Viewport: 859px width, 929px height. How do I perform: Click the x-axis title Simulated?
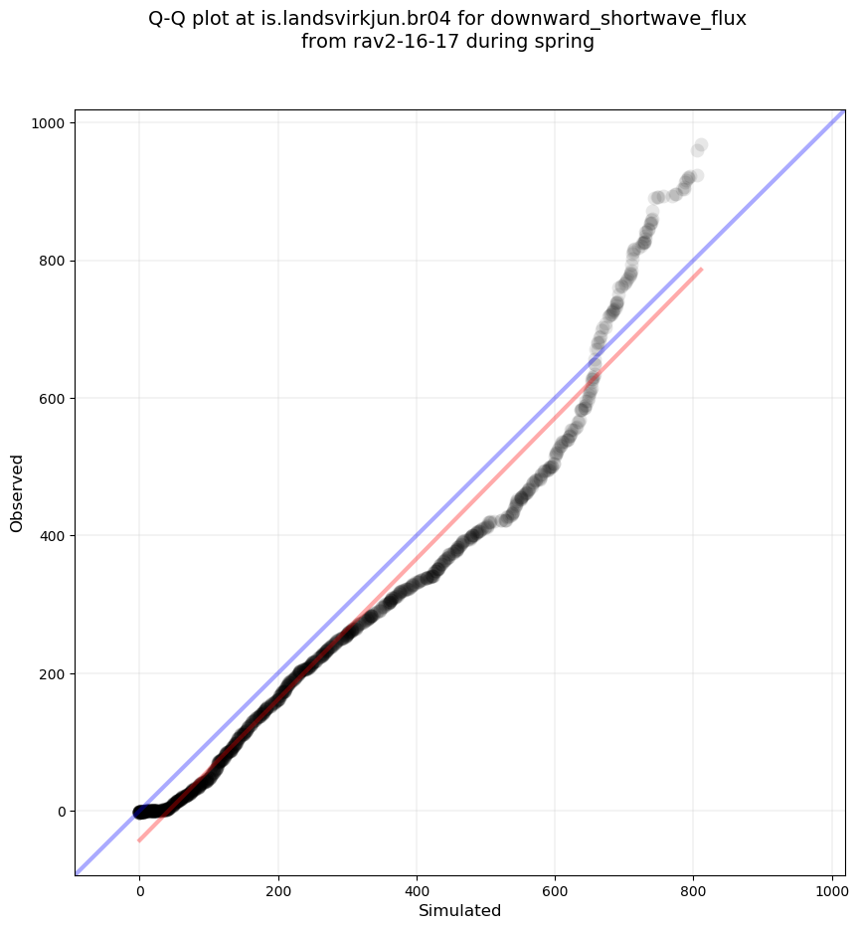(459, 910)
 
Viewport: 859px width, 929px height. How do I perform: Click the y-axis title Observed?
(17, 492)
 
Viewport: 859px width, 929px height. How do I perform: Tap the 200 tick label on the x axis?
(278, 887)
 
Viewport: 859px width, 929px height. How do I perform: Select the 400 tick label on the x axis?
(417, 887)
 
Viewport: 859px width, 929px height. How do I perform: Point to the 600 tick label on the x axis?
(555, 887)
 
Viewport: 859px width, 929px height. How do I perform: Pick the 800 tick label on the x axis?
(694, 887)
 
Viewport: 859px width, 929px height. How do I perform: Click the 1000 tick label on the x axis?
(832, 887)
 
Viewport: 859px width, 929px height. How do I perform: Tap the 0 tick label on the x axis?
(140, 887)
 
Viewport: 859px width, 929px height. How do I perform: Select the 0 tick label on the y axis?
(61, 812)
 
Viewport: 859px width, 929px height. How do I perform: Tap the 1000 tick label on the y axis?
(48, 123)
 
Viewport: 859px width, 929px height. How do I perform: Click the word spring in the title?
(565, 42)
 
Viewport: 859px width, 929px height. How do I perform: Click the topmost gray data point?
(701, 145)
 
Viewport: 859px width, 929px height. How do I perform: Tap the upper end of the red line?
(702, 269)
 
